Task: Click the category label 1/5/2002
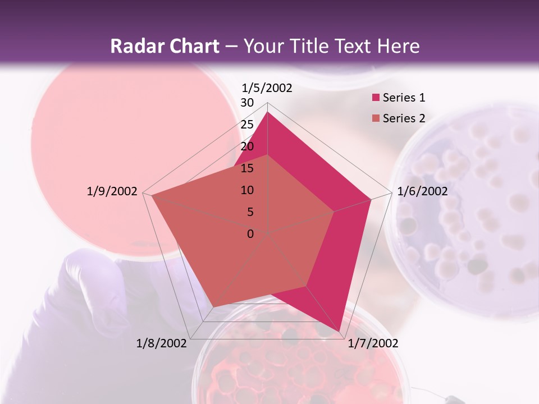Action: click(267, 88)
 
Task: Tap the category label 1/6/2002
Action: click(422, 191)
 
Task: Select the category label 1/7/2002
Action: click(373, 343)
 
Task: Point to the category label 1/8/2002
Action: click(162, 343)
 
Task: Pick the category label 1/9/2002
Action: click(112, 191)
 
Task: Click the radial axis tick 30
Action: click(247, 103)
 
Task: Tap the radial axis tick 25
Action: click(247, 125)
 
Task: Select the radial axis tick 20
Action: click(247, 146)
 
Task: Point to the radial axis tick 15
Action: click(247, 168)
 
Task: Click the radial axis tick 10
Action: click(247, 190)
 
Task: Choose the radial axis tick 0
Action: click(250, 234)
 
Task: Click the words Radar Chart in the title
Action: click(165, 47)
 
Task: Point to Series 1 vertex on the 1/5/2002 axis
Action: click(268, 112)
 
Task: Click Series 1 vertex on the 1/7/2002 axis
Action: click(340, 331)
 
